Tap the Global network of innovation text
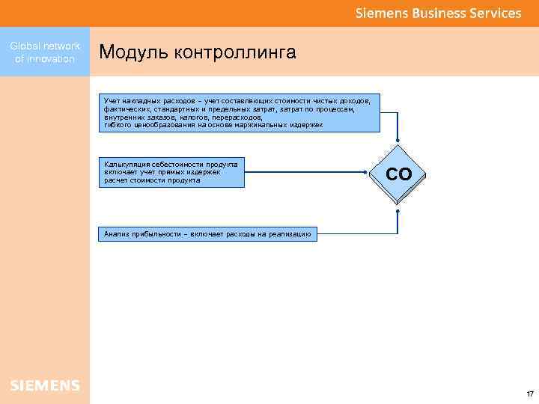coord(45,52)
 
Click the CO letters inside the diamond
coord(398,174)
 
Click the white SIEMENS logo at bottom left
coord(45,385)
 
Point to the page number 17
coord(529,394)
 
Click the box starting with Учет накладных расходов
coord(240,112)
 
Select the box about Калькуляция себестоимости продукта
coord(171,172)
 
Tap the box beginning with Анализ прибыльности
coord(208,234)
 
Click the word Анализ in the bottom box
coord(116,234)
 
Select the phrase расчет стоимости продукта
coord(153,180)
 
